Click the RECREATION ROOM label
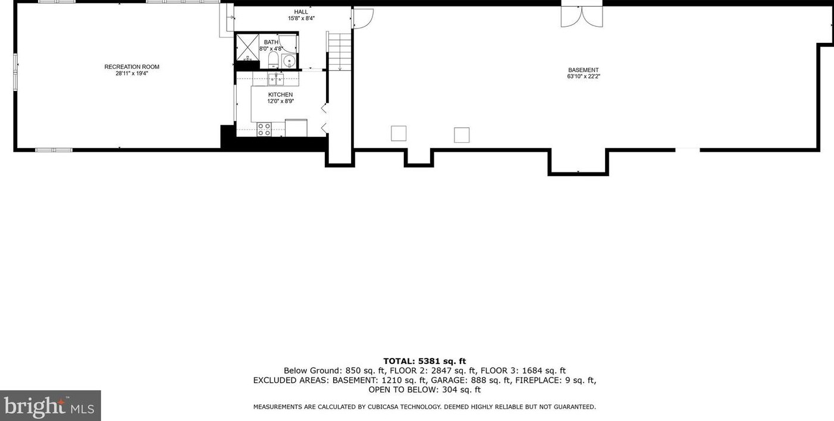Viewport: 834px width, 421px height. [131, 67]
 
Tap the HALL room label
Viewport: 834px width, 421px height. [301, 11]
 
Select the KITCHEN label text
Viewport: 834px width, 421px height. [280, 95]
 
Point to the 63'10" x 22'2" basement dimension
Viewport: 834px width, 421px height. [583, 76]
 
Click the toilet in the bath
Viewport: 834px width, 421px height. [273, 59]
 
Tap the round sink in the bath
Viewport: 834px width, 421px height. [289, 61]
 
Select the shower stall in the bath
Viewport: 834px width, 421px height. [247, 46]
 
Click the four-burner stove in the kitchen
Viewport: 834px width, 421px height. [264, 129]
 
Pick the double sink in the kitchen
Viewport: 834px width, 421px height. [275, 78]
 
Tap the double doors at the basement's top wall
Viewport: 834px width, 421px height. [582, 16]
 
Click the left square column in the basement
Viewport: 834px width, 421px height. [399, 134]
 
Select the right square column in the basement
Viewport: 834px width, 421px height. [462, 135]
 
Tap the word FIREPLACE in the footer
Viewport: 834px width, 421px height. [538, 380]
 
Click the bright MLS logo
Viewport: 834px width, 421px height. [51, 406]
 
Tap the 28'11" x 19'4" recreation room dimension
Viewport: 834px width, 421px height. [131, 74]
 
